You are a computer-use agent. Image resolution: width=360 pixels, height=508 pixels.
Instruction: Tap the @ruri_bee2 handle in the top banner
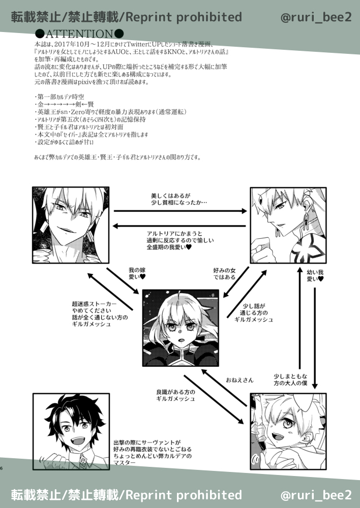coord(316,17)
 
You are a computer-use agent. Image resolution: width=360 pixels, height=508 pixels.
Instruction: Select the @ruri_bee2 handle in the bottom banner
coord(316,494)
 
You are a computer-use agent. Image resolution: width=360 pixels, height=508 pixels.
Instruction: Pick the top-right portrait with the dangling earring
coord(288,225)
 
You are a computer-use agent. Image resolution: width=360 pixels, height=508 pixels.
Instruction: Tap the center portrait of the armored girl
coord(181,328)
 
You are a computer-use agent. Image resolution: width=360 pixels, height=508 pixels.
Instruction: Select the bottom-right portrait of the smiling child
coord(288,431)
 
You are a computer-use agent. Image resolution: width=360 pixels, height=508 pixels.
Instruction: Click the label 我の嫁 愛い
coord(137,274)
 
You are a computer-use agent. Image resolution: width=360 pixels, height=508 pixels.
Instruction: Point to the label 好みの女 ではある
coord(224,274)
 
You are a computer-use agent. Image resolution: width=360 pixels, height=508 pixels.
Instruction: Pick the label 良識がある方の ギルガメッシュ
coord(176,395)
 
